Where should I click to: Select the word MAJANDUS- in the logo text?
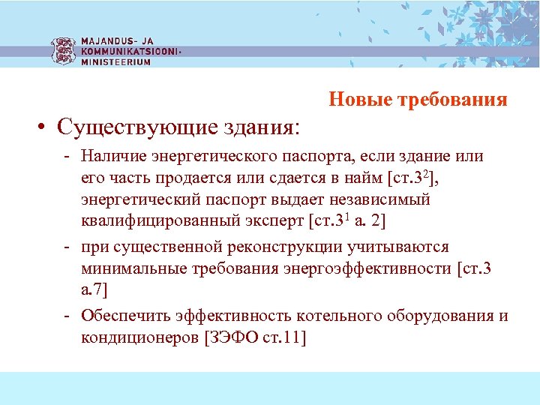pyautogui.click(x=109, y=41)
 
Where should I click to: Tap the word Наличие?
pyautogui.click(x=115, y=157)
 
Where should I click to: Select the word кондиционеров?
pyautogui.click(x=140, y=337)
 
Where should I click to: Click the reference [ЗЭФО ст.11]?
pyautogui.click(x=255, y=337)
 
